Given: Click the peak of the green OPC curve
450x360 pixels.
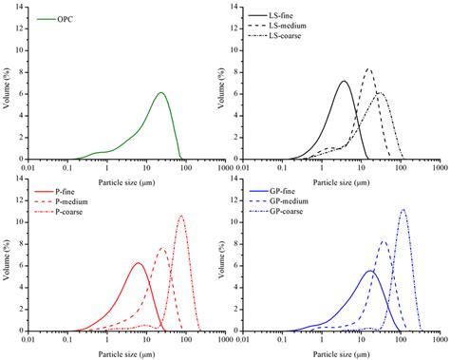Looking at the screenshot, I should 160,92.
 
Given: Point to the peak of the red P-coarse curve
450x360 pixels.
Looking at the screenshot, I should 180,216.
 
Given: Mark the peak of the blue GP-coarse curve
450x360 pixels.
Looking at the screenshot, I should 403,210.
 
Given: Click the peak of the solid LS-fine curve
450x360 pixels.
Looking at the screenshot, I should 345,81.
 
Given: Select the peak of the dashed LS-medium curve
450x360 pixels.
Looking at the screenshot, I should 368,68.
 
